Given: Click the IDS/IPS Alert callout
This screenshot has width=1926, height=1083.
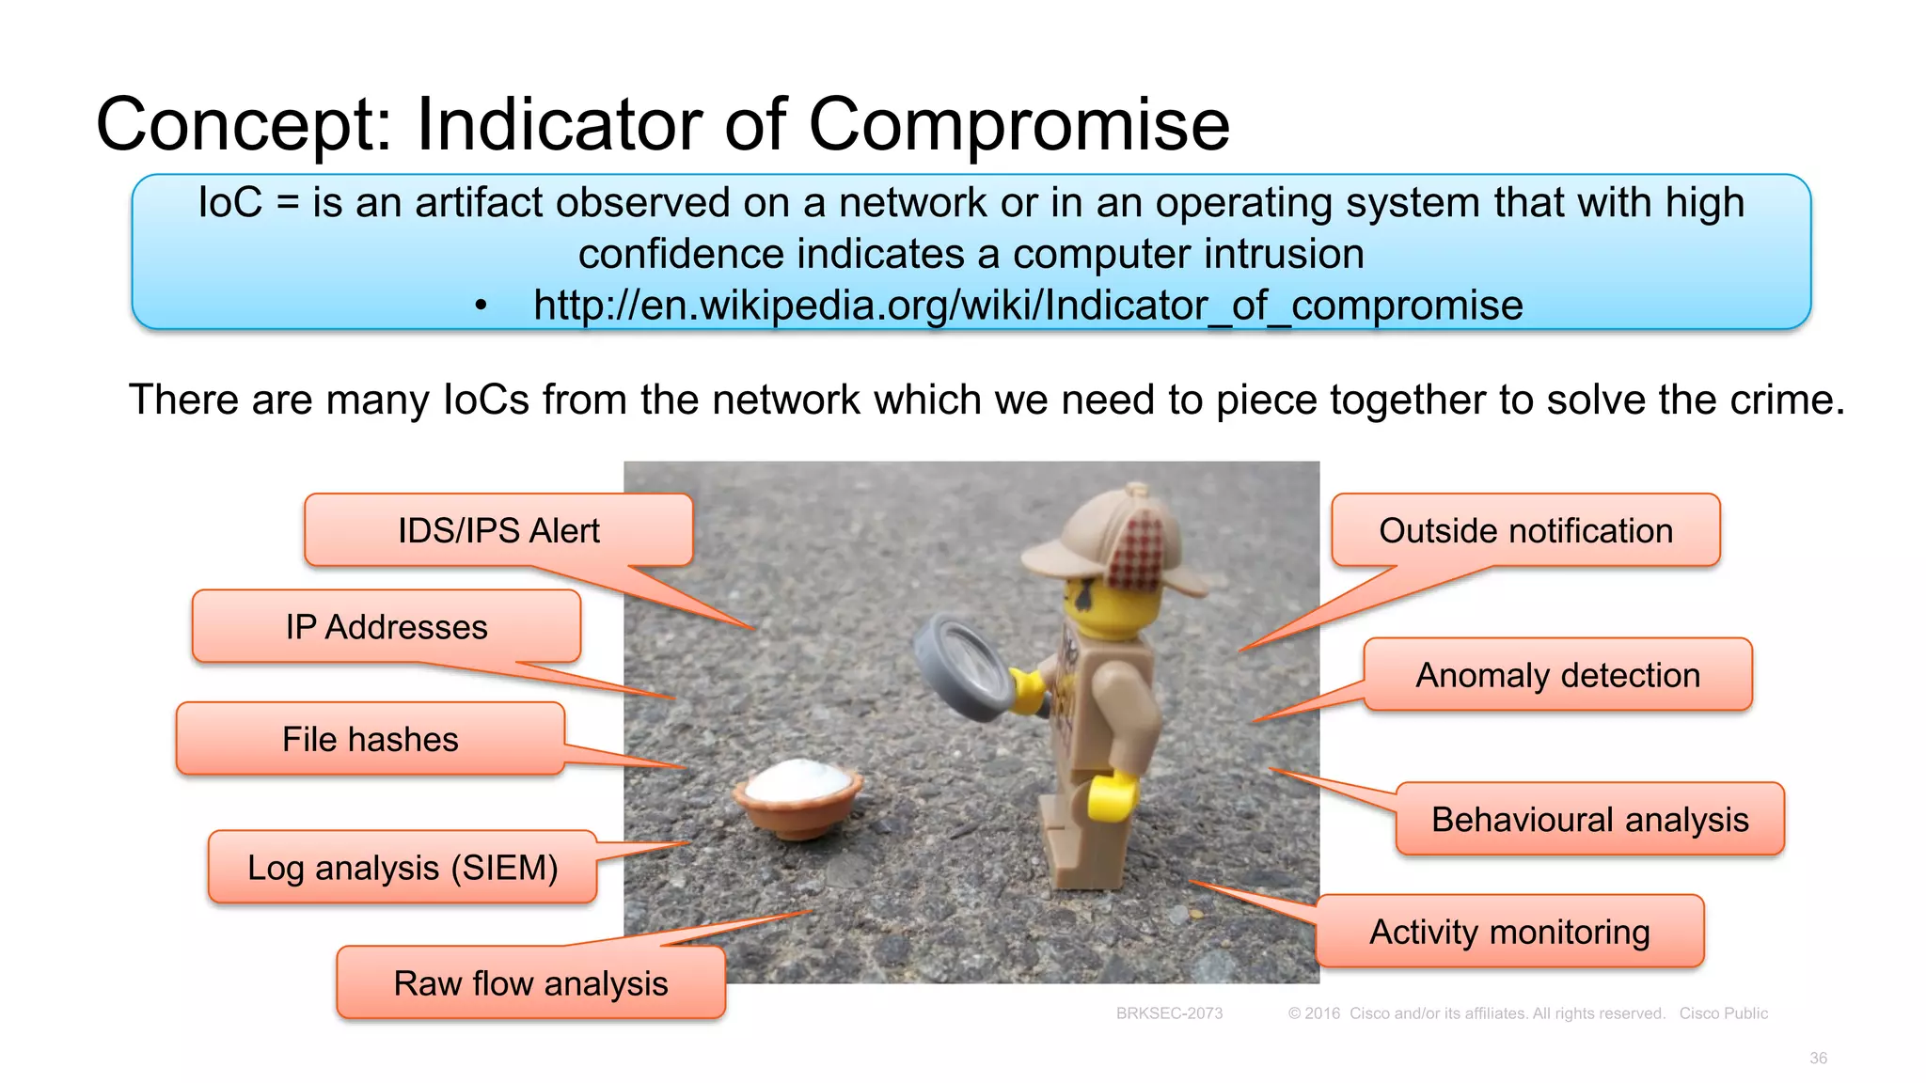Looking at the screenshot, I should (498, 530).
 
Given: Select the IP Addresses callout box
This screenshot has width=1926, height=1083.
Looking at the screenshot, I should (387, 627).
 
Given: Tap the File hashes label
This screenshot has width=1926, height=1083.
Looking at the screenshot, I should (371, 739).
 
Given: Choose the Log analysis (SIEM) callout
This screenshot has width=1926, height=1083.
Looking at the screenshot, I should (403, 867).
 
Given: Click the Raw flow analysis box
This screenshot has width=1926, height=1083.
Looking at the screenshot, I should (530, 983).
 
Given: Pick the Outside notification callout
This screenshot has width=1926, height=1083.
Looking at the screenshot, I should (1525, 530).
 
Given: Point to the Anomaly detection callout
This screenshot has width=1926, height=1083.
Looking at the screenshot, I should (1557, 675).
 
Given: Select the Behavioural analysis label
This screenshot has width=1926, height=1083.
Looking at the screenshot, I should (1589, 819).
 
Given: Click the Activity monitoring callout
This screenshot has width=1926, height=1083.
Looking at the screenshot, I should (1509, 932).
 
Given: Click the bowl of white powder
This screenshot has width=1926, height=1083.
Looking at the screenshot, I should (798, 795).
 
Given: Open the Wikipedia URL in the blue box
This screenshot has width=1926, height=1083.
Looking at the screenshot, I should (1027, 306).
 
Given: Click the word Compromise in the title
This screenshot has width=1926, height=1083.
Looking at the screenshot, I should (1018, 124).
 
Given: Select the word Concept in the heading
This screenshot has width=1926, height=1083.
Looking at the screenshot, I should (244, 124).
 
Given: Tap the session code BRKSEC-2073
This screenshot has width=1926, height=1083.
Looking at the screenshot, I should (1169, 1013).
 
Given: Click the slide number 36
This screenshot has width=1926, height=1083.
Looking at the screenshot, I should (1818, 1059).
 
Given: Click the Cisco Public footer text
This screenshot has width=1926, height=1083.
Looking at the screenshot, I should (1723, 1013).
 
